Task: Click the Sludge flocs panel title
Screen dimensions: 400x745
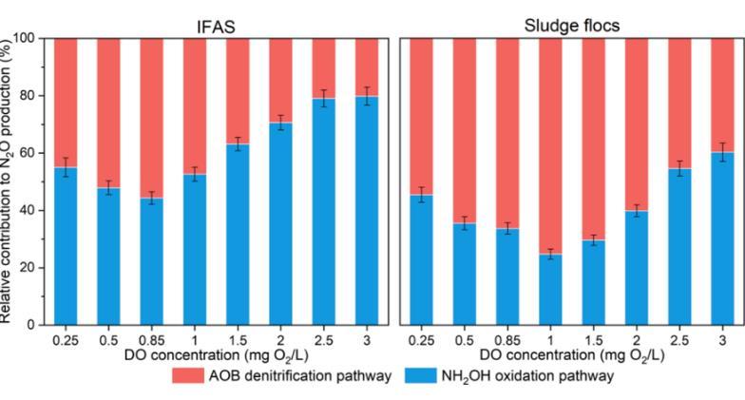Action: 572,26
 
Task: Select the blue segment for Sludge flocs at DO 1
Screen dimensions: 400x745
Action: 551,289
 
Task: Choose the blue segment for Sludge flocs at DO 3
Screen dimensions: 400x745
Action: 723,238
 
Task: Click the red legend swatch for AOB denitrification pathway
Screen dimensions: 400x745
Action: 194,376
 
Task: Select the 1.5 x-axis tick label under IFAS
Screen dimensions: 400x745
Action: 239,338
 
